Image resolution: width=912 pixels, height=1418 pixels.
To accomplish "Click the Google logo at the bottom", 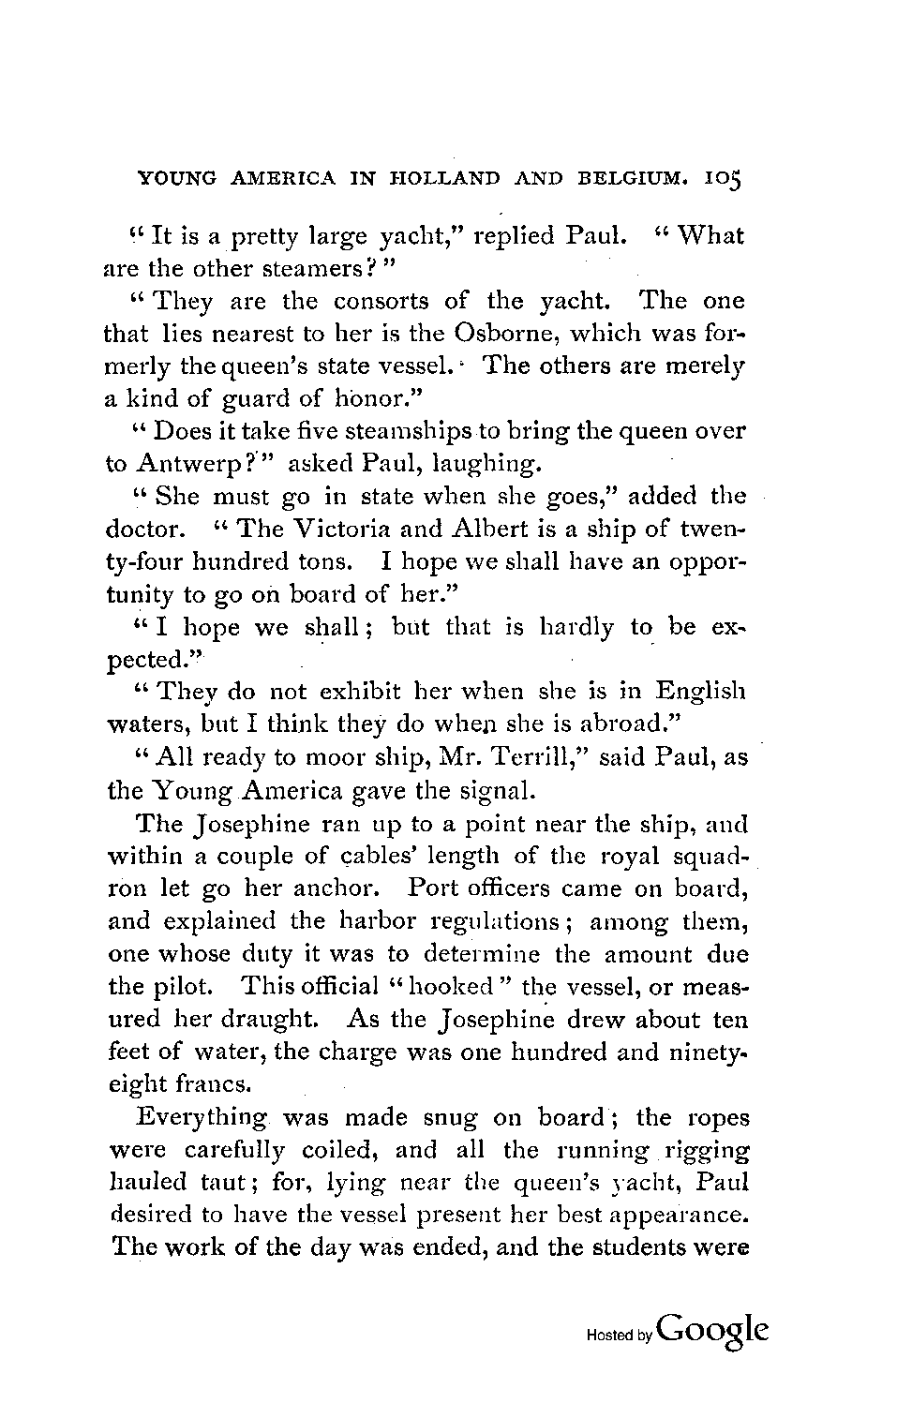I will click(x=713, y=1332).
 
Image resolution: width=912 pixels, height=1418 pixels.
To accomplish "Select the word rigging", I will click(x=705, y=1150).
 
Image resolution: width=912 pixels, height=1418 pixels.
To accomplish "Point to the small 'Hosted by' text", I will click(x=620, y=1336).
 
